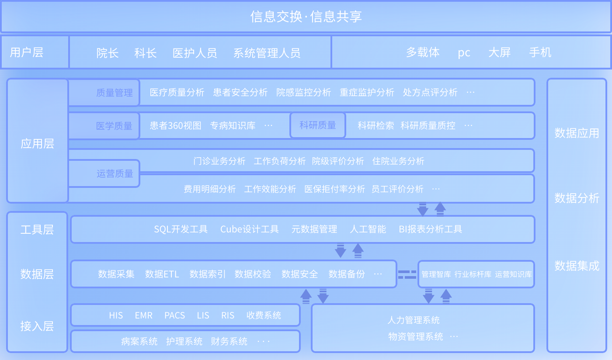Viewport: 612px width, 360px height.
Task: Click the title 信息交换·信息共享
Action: [x=306, y=17]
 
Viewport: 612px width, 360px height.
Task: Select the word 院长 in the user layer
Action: [x=108, y=53]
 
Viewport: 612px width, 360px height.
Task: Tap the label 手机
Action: [x=540, y=52]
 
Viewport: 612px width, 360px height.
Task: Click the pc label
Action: [x=464, y=53]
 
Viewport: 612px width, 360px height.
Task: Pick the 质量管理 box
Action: [x=104, y=93]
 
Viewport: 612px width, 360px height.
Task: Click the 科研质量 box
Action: [x=318, y=125]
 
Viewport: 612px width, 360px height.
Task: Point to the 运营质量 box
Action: [x=104, y=173]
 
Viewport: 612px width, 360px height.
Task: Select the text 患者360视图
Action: [x=175, y=126]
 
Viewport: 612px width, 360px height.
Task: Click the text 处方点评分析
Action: [x=430, y=92]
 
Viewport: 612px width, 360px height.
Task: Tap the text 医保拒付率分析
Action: [x=334, y=189]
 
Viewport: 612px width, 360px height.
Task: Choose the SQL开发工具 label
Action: [x=181, y=229]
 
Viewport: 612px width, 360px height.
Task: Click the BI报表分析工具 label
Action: [x=430, y=229]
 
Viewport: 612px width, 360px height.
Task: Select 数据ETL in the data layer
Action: [x=162, y=274]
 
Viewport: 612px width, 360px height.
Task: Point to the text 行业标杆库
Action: [x=473, y=274]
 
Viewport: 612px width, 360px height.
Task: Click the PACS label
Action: [x=174, y=315]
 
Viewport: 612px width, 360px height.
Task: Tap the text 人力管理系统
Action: [x=414, y=320]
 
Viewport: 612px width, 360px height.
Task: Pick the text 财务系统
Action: [x=229, y=341]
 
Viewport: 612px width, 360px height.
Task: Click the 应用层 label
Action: [x=38, y=144]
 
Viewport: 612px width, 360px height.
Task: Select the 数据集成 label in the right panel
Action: [x=577, y=266]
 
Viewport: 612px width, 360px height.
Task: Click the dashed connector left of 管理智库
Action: [x=407, y=274]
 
